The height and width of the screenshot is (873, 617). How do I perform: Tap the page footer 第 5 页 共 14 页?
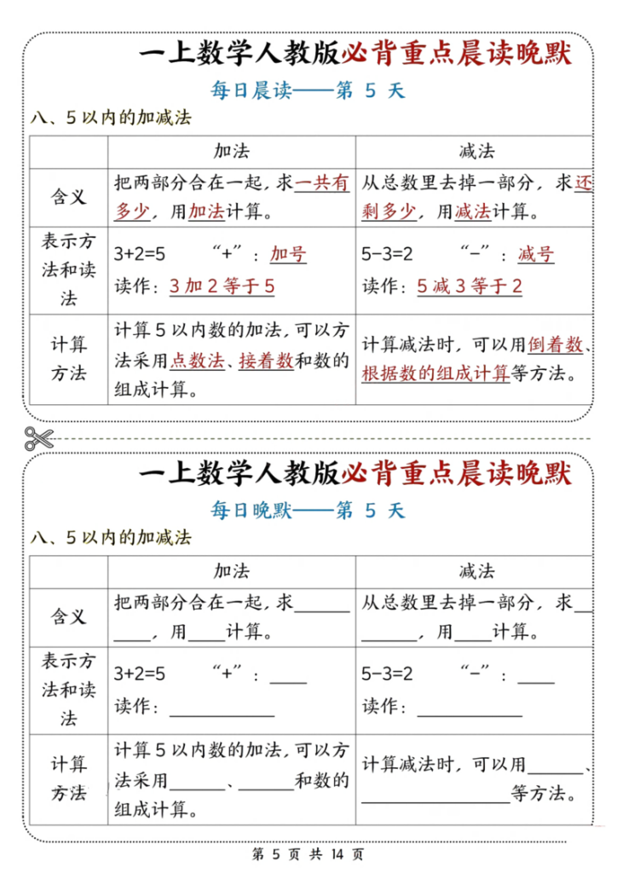pos(308,853)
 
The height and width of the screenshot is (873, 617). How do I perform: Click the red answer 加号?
pos(288,254)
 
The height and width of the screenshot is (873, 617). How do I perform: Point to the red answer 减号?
pos(536,254)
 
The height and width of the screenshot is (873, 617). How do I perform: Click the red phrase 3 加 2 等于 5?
pos(222,286)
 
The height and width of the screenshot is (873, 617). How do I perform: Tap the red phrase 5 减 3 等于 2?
pos(470,286)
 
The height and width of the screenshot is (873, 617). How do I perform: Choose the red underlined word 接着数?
pos(266,361)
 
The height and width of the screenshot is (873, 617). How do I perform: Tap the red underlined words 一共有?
pos(322,182)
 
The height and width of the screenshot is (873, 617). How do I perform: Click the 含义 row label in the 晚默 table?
pos(69,616)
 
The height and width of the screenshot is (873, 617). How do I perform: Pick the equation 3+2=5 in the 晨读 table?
pos(140,254)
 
